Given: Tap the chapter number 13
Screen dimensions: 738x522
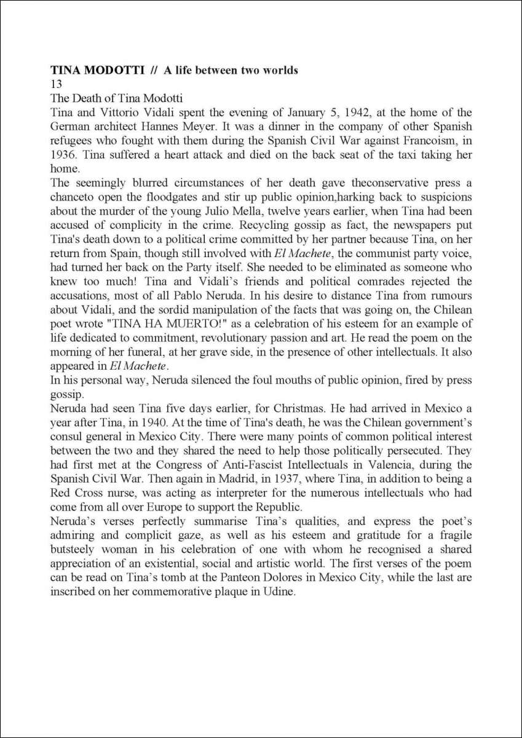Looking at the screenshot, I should (x=56, y=84).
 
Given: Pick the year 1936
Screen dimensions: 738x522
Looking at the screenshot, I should (x=62, y=154).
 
